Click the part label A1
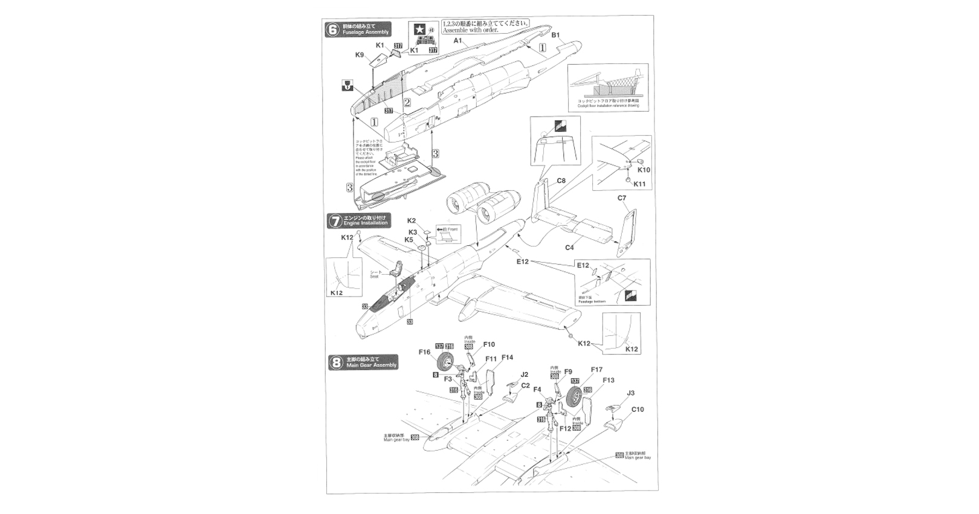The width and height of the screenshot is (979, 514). [458, 40]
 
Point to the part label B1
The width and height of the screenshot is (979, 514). [556, 35]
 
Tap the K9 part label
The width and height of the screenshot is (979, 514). [360, 55]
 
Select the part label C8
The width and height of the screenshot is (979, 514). [561, 181]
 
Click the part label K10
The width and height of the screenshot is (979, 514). [644, 170]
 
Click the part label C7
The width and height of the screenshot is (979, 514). [622, 198]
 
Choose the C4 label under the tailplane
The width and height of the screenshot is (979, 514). [569, 247]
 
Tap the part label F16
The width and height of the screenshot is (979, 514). [424, 352]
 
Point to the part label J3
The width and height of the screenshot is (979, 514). [630, 393]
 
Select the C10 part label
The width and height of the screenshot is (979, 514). [638, 409]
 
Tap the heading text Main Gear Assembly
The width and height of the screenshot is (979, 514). [371, 365]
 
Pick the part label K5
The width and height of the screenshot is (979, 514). [410, 239]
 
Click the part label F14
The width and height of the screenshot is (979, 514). [506, 358]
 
